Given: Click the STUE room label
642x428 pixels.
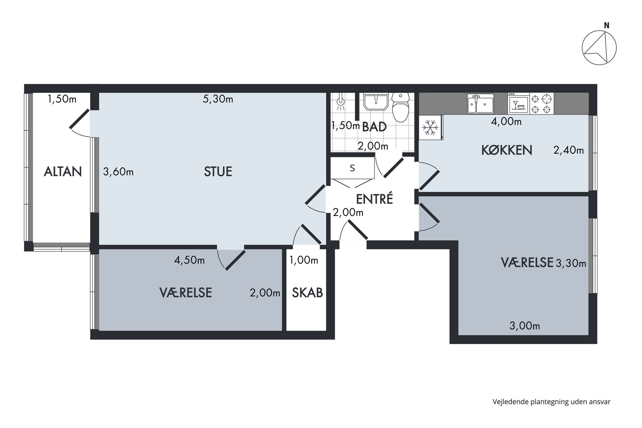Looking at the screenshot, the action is tap(218, 171).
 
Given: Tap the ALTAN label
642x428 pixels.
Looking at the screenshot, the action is tap(63, 171).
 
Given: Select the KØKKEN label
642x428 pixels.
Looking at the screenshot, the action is tap(507, 150).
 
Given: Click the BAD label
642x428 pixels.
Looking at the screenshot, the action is tap(374, 127).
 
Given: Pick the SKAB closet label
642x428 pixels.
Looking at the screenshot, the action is tap(307, 292).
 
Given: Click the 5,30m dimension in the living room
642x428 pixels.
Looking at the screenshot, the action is tap(218, 99).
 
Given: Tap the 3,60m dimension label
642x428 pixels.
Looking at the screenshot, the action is tap(118, 171).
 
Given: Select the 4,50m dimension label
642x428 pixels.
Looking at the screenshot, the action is tap(189, 260).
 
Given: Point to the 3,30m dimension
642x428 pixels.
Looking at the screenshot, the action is tap(571, 263).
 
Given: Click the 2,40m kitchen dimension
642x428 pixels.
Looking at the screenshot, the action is tap(569, 150).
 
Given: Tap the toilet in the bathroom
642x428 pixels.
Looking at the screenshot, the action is tap(401, 107).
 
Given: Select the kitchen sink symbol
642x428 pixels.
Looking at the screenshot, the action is tap(480, 104).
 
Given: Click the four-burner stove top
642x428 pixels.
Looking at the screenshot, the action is tap(541, 104).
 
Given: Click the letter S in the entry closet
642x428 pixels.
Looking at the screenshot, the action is tap(352, 168).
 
